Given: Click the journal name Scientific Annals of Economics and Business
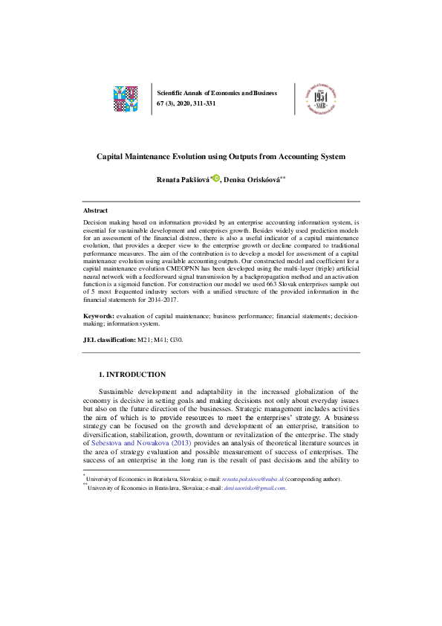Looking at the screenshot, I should tap(217, 93).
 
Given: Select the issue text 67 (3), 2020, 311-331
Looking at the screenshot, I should tap(186, 103).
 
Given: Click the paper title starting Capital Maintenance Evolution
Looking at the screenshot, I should tap(221, 157).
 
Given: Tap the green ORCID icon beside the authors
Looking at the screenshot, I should tap(216, 178).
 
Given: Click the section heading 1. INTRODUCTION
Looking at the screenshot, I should tap(132, 375).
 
